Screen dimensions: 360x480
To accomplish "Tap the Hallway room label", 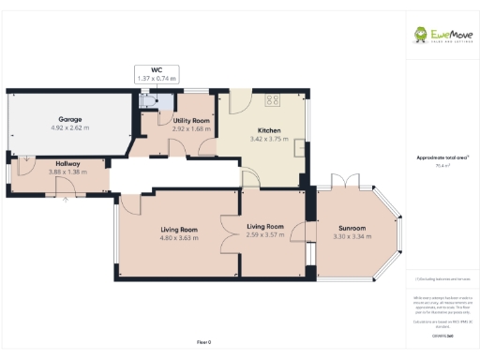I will pyautogui.click(x=67, y=163).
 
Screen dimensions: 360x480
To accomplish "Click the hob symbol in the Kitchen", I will pyautogui.click(x=275, y=99).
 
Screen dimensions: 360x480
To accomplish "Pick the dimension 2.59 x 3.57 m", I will pyautogui.click(x=265, y=234).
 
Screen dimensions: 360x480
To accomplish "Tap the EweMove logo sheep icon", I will pyautogui.click(x=424, y=35).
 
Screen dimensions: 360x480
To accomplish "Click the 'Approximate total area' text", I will pyautogui.click(x=442, y=157).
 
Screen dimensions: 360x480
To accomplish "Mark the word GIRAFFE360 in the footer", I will pyautogui.click(x=442, y=335).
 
